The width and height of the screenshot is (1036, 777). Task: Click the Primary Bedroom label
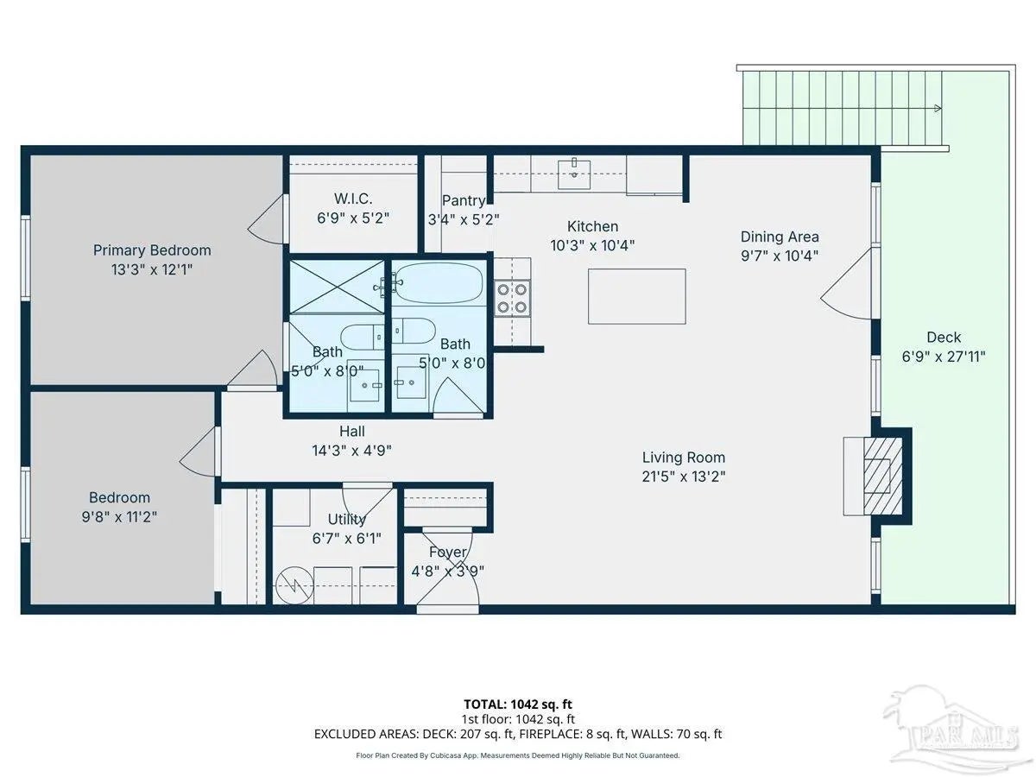(x=151, y=250)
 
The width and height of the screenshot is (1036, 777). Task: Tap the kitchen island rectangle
(x=636, y=296)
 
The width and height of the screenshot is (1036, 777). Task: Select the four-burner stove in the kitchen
(x=512, y=298)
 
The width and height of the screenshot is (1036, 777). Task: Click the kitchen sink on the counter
(x=574, y=174)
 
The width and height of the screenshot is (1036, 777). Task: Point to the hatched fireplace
(x=882, y=476)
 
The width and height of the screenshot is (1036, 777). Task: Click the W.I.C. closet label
(x=353, y=199)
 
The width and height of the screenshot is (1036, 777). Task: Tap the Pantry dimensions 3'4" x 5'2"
(x=464, y=219)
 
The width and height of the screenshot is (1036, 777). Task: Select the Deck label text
(x=944, y=337)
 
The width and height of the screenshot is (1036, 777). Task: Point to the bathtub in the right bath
(x=439, y=282)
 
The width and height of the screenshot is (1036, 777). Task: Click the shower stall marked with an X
(x=337, y=287)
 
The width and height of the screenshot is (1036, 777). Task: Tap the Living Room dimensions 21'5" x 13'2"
(x=683, y=477)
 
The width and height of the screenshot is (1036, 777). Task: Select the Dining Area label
(x=780, y=237)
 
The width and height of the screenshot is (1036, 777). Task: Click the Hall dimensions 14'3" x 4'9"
(x=351, y=451)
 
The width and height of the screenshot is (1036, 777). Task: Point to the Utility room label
(x=347, y=519)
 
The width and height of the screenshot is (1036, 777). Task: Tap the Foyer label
(x=448, y=552)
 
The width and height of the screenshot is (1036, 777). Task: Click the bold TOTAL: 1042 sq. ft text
(x=518, y=704)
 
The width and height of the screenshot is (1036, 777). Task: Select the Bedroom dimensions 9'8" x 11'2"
(x=119, y=517)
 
